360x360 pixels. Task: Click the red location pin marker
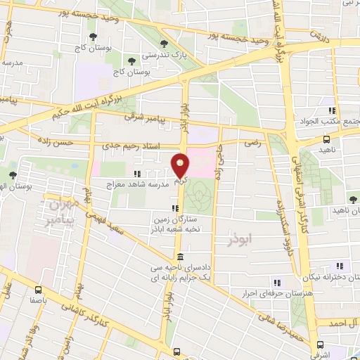(180, 165)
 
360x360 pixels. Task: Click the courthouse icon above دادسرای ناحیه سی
(181, 257)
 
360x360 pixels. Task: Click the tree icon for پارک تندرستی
(164, 44)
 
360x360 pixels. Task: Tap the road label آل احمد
(341, 322)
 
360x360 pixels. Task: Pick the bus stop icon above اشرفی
(321, 345)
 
